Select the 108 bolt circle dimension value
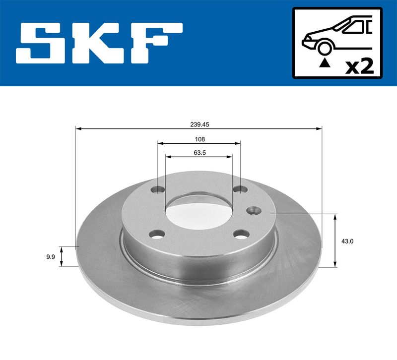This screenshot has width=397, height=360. [x=199, y=139]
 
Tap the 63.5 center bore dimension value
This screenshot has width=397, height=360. [x=199, y=153]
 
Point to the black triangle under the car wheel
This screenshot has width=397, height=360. [x=325, y=62]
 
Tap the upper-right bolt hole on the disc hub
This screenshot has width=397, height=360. [x=241, y=189]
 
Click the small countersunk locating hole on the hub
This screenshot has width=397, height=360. [x=254, y=210]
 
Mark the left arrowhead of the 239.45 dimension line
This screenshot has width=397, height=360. [x=78, y=129]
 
